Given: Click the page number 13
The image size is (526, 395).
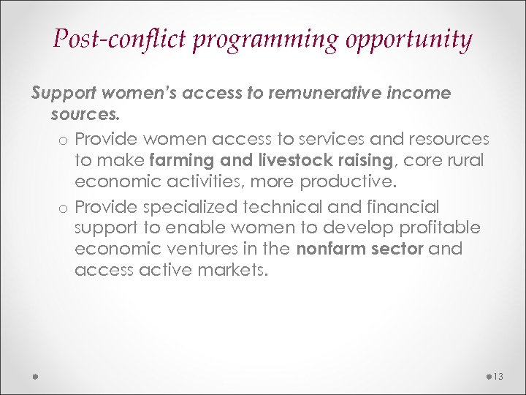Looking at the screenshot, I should (499, 376).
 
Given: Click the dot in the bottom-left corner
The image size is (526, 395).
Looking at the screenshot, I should (35, 376).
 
